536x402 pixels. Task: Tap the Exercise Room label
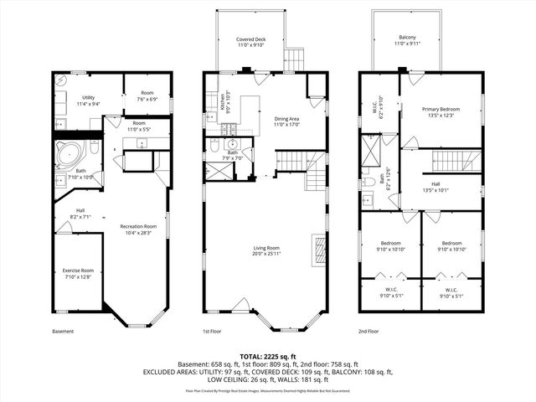tap(77, 273)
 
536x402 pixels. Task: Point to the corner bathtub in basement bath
tap(69, 154)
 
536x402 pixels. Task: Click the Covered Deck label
tap(251, 42)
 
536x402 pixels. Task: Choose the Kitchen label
tap(224, 102)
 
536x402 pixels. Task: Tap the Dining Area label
tap(286, 121)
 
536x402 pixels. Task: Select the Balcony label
tap(407, 39)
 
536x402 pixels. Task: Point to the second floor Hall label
tap(435, 187)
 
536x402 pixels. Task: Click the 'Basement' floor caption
tap(63, 332)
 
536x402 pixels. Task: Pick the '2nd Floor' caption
tap(368, 332)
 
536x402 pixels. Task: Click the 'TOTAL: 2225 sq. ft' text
tap(268, 356)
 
